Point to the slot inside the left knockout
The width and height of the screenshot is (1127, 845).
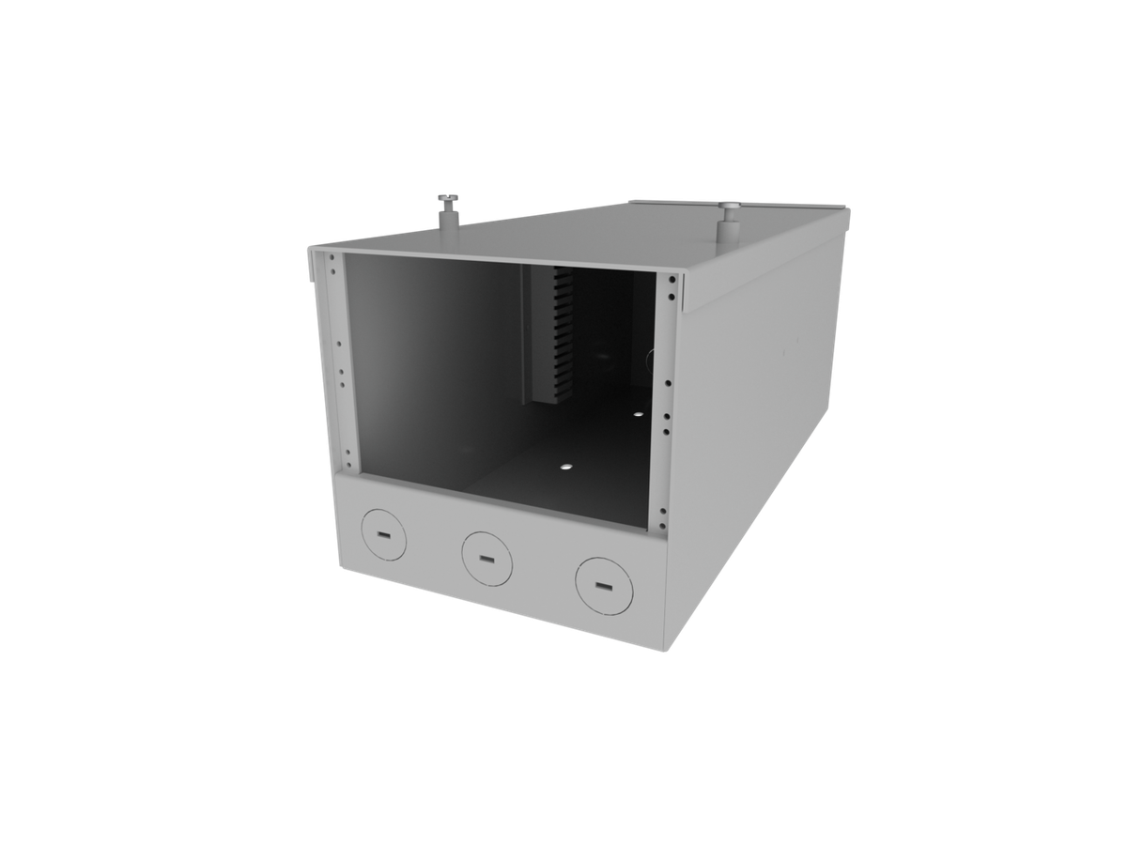[383, 535]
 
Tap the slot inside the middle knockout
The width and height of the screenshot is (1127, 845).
[487, 559]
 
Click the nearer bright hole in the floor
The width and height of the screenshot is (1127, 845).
[565, 465]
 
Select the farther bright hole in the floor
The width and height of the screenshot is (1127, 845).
[639, 414]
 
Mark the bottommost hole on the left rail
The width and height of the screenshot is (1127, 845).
[347, 463]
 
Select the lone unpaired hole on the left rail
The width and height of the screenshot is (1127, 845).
[338, 345]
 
